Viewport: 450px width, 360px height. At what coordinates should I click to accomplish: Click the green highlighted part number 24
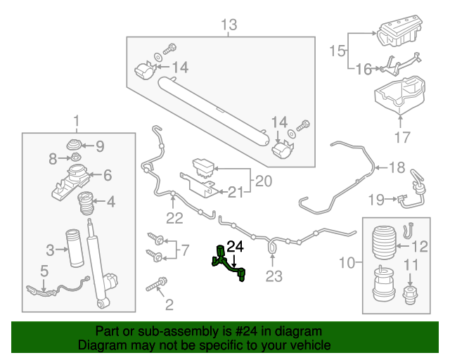[230, 263]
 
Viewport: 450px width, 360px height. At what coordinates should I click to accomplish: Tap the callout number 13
[229, 26]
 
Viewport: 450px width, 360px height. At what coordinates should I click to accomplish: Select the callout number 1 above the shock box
[76, 120]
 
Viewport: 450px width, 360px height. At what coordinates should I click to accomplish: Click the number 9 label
[98, 146]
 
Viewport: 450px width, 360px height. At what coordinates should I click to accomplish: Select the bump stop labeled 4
[86, 203]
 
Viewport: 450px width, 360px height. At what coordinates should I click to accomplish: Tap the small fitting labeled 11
[410, 296]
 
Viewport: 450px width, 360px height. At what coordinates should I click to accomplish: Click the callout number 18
[397, 167]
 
